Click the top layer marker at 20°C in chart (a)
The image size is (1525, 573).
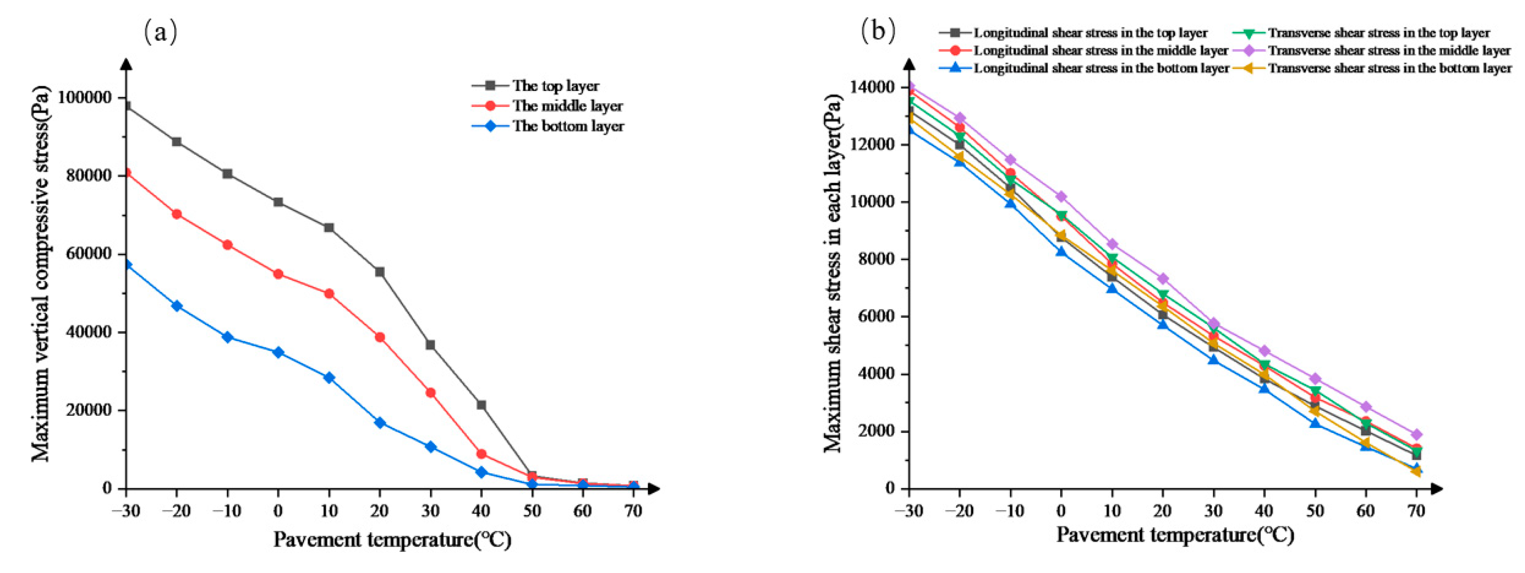(379, 272)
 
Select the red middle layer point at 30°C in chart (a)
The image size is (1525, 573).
(430, 393)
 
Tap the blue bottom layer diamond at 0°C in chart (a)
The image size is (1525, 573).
(278, 352)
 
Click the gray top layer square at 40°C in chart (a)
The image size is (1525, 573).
(482, 405)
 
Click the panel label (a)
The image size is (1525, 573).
(161, 31)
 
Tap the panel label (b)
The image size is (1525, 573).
(879, 30)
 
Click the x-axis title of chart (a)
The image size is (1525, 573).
(392, 540)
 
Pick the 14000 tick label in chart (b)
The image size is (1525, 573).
(870, 87)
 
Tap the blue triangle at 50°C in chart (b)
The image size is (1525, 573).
(1315, 423)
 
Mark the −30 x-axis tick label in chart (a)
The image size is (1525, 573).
(126, 511)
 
